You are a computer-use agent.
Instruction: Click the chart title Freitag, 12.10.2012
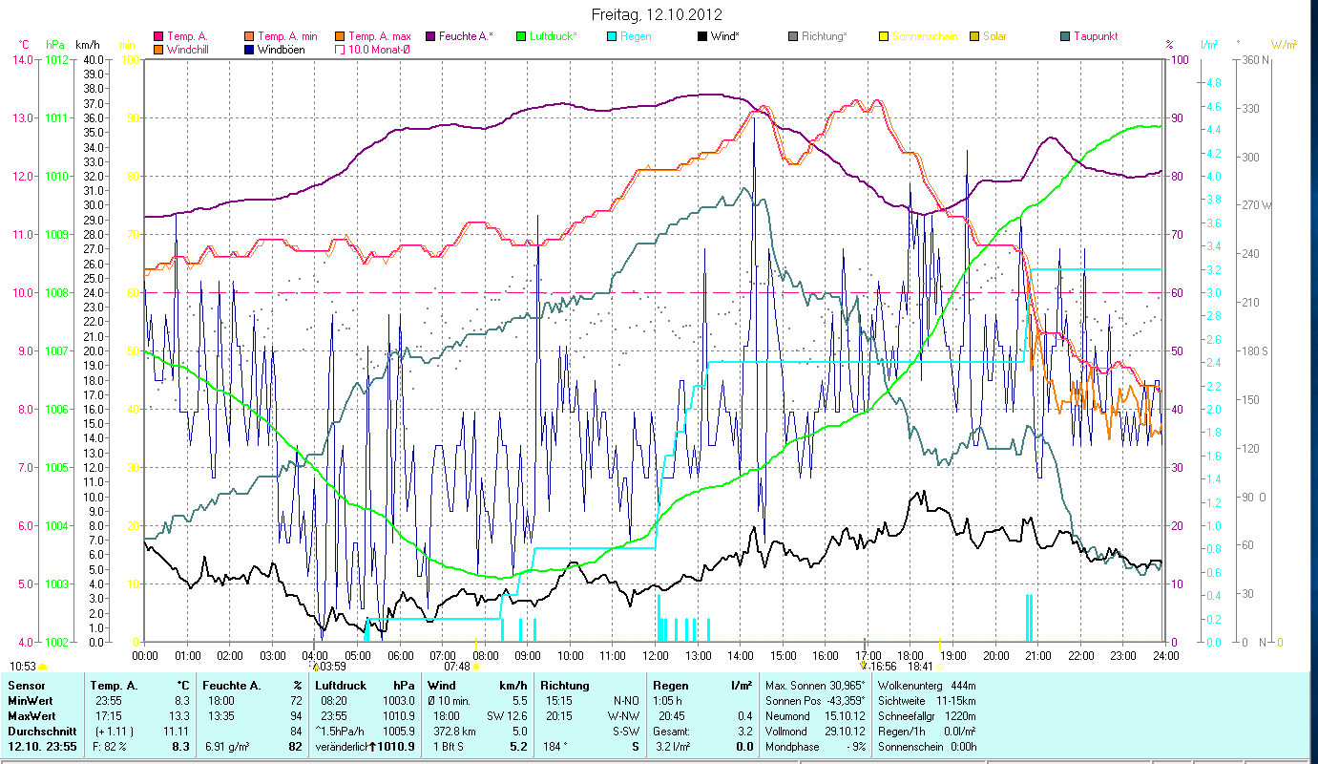point(658,14)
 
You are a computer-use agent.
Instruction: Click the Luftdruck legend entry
point(553,36)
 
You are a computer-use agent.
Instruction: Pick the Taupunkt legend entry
point(1095,36)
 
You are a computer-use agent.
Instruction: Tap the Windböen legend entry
point(281,49)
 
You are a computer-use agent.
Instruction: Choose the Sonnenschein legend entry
point(925,36)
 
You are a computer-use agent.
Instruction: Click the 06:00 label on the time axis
point(400,655)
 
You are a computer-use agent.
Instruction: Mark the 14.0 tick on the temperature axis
point(22,59)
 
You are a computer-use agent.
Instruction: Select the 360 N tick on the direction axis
point(1253,59)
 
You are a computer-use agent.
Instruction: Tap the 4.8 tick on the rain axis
point(1213,83)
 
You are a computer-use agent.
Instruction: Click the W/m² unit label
point(1285,44)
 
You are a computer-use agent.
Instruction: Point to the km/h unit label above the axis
point(87,44)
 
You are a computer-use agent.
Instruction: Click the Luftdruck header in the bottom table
point(342,685)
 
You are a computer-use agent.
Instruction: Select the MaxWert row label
point(30,715)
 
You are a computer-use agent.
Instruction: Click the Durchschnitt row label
point(40,731)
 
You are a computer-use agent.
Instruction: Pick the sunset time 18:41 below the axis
point(920,666)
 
